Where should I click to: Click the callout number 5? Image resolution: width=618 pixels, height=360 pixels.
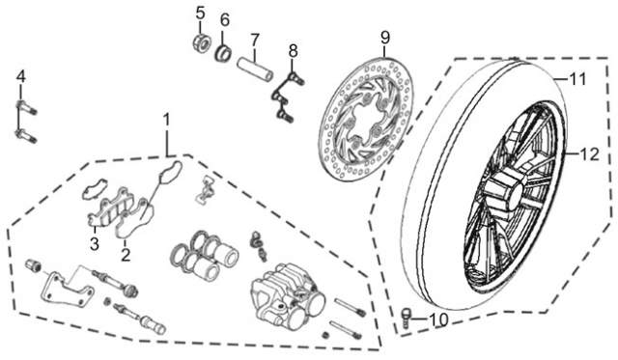point(201,13)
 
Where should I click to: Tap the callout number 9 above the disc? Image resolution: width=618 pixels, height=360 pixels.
point(385,38)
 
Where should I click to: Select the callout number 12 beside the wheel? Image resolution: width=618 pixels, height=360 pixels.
point(589,154)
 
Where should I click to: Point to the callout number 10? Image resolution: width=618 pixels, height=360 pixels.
point(438,319)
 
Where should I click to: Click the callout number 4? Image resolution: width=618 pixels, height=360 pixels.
point(21,76)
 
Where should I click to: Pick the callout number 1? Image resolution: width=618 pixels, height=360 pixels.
point(166,120)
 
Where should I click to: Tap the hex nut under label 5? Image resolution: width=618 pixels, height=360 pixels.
point(201,42)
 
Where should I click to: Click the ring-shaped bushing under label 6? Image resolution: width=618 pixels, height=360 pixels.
point(223,54)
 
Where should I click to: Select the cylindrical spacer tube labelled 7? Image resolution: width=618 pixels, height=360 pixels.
point(255,69)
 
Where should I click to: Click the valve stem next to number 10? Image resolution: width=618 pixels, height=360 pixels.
point(406,318)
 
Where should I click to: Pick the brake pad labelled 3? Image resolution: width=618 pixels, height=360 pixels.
point(105,208)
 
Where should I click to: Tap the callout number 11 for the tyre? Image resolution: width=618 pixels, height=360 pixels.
point(577,79)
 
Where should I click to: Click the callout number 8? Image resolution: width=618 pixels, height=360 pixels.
point(293,51)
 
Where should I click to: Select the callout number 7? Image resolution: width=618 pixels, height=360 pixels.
point(255,40)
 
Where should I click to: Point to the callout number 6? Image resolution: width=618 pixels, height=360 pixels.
point(225,19)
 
